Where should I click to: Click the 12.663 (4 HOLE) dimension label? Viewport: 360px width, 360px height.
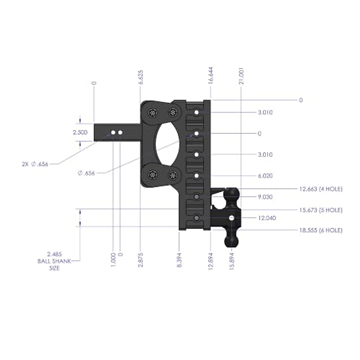321,189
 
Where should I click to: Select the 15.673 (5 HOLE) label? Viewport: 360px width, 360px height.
321,210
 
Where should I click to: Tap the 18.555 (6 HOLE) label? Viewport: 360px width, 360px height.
321,230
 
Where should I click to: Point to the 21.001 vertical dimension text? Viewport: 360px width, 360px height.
242,76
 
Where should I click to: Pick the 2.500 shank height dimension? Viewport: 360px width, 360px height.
80,132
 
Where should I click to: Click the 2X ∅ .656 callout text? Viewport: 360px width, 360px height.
35,164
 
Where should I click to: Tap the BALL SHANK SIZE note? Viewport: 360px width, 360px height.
54,261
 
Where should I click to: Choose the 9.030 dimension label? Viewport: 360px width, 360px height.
265,197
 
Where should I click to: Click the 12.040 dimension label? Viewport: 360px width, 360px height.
267,218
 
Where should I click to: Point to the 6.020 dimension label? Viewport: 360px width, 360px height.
265,176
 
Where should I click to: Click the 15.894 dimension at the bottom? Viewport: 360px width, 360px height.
231,261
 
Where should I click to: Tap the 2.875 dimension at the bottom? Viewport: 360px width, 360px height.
141,260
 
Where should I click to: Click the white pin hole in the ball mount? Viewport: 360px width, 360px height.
232,218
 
